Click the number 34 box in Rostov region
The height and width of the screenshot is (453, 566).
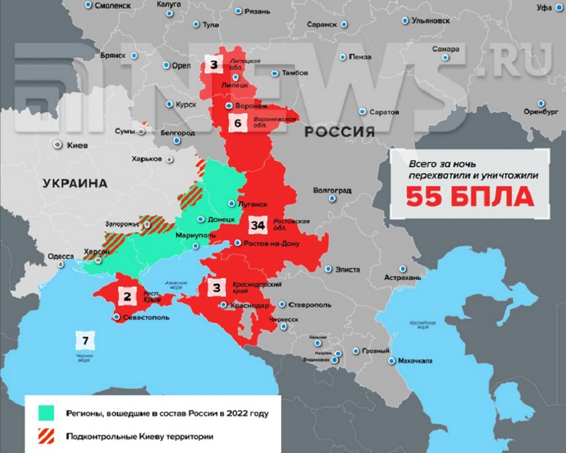click(258, 226)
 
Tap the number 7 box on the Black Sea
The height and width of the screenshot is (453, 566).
click(85, 340)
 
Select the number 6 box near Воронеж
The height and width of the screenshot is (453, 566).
click(238, 123)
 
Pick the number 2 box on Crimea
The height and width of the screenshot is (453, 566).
click(127, 295)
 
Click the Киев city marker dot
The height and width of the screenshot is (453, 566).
click(57, 145)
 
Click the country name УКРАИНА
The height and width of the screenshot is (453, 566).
click(74, 183)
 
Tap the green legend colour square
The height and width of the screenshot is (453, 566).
click(44, 413)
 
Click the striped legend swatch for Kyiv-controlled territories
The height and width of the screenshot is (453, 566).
click(44, 437)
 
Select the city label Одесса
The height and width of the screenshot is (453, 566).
click(61, 257)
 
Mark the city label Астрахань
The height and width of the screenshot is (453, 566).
click(402, 278)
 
